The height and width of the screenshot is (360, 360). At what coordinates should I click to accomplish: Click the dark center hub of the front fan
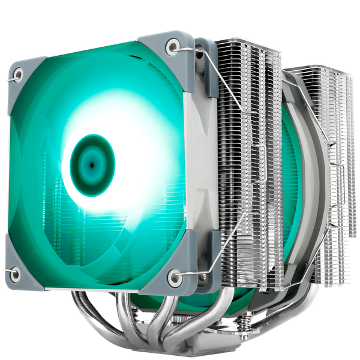tap(92, 163)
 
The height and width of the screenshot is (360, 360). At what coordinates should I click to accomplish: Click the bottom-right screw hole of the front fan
tap(173, 275)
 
